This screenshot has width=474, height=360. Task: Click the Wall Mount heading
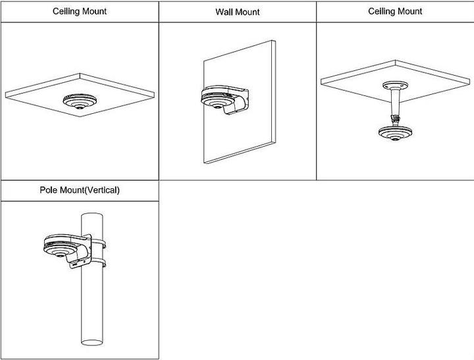tap(237, 12)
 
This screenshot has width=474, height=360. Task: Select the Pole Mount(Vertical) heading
tap(80, 190)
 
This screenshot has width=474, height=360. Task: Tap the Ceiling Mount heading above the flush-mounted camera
tap(79, 11)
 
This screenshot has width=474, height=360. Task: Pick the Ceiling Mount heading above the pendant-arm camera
tap(395, 11)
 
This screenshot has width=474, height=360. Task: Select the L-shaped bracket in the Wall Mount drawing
tap(236, 99)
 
